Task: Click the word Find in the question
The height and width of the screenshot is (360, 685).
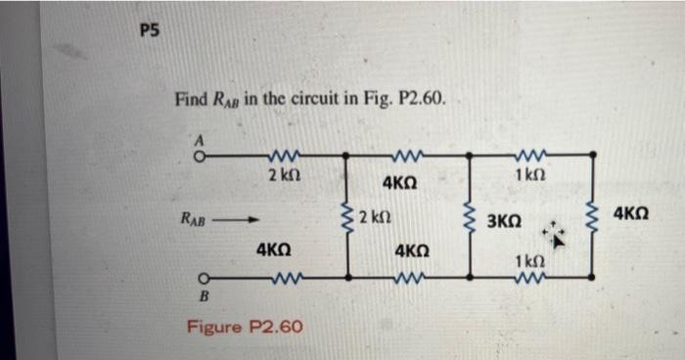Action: click(190, 99)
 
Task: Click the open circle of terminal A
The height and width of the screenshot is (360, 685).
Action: click(198, 154)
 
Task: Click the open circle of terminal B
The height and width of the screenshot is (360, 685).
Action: click(200, 278)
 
